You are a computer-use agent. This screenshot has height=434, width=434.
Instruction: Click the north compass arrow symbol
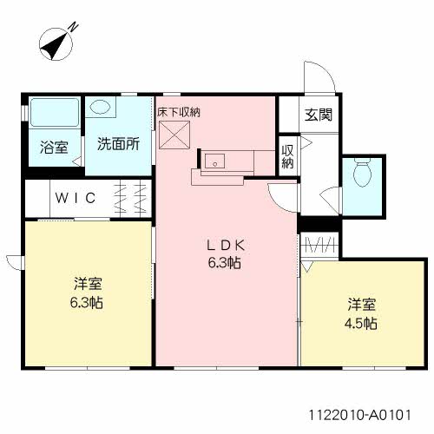(57, 41)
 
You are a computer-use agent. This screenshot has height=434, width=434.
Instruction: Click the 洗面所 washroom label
(118, 144)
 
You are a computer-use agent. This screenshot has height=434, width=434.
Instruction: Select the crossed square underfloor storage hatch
(174, 136)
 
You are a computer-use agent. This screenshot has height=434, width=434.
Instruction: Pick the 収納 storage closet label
(287, 156)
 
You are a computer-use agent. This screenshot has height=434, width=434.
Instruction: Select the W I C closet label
(79, 197)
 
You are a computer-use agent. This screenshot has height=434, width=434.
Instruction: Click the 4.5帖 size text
(362, 323)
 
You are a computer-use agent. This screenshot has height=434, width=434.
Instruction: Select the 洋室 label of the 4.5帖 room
(362, 305)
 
